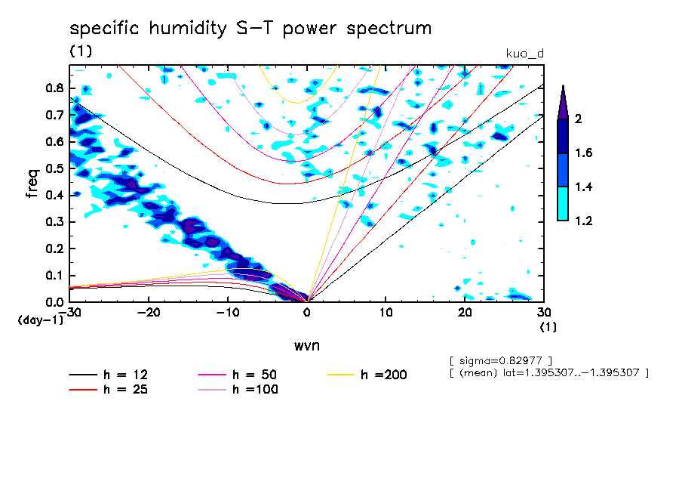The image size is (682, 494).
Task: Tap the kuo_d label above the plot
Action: pyautogui.click(x=525, y=54)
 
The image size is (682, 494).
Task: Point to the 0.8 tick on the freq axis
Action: pyautogui.click(x=54, y=88)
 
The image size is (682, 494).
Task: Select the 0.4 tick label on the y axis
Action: pyautogui.click(x=54, y=195)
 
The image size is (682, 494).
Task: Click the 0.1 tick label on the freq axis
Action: pyautogui.click(x=54, y=276)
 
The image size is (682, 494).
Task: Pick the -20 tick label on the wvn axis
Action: pyautogui.click(x=149, y=313)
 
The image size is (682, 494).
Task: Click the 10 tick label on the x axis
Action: pyautogui.click(x=386, y=313)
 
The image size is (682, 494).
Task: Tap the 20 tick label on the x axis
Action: pyautogui.click(x=465, y=313)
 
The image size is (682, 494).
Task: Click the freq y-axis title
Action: pyautogui.click(x=32, y=184)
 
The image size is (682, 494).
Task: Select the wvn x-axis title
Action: pyautogui.click(x=307, y=346)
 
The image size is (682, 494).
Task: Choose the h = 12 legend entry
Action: pyautogui.click(x=109, y=375)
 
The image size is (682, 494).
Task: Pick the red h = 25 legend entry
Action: pyautogui.click(x=109, y=390)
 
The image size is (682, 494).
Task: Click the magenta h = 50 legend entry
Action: pyautogui.click(x=238, y=375)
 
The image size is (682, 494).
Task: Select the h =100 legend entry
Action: pyautogui.click(x=238, y=390)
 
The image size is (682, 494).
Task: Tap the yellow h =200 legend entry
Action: pyautogui.click(x=367, y=375)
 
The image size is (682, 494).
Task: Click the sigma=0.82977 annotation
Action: pyautogui.click(x=501, y=361)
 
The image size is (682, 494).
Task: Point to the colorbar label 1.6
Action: pyautogui.click(x=584, y=153)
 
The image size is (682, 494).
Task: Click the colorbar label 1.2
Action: pyautogui.click(x=584, y=221)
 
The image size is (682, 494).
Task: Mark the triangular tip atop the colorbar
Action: pyautogui.click(x=564, y=85)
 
